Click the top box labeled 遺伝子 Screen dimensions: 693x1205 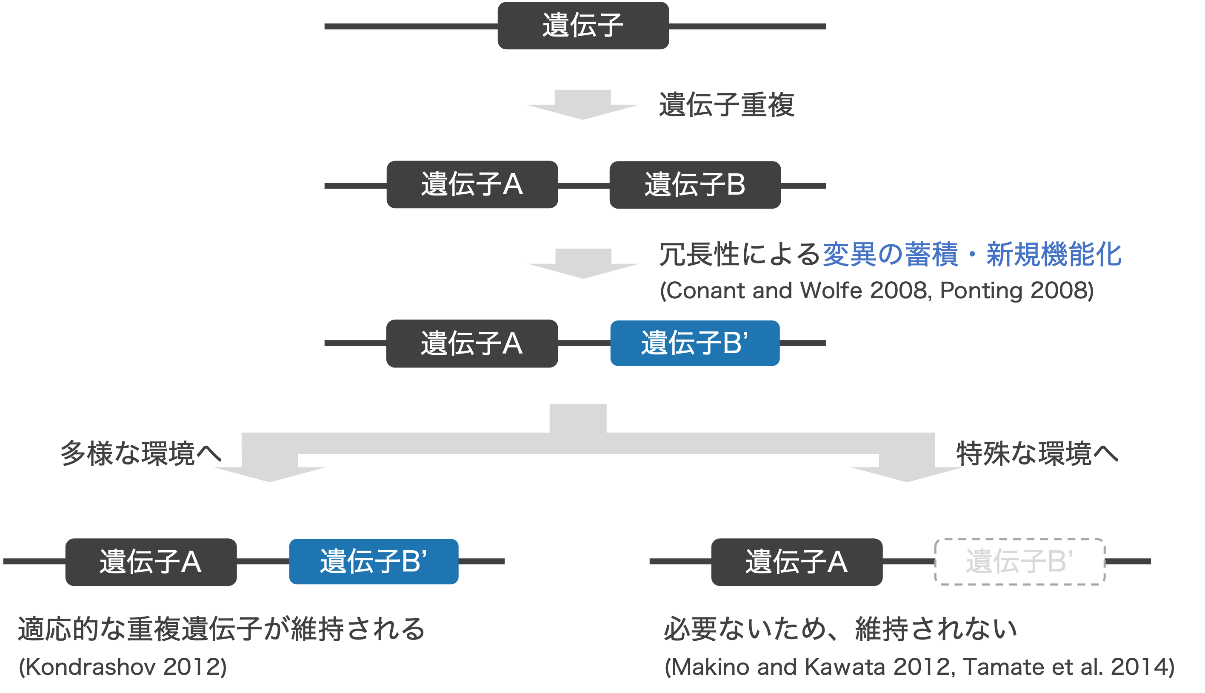click(583, 25)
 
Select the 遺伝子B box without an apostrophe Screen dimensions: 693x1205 click(695, 185)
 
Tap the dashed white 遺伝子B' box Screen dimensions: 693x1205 click(1019, 562)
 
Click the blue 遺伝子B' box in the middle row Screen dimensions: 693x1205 click(695, 343)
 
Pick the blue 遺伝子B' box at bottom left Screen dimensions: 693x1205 click(374, 562)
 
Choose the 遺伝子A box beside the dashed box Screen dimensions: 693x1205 click(796, 562)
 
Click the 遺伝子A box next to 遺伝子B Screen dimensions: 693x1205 click(472, 185)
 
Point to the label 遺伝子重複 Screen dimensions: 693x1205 click(726, 105)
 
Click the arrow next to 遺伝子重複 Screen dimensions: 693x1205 click(582, 105)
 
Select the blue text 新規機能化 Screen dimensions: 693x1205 click(1054, 254)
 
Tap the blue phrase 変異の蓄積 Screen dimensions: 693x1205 click(890, 254)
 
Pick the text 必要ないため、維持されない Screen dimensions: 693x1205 click(840, 629)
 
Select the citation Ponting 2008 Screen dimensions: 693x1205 click(1017, 290)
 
